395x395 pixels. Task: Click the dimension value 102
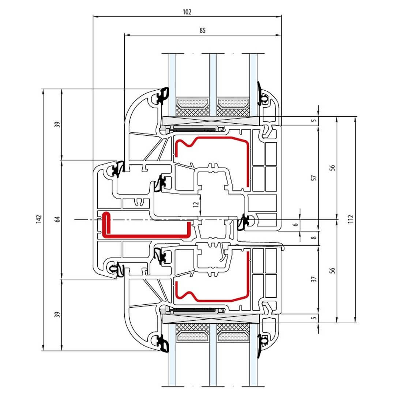click(187, 12)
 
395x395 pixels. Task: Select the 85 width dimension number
click(203, 31)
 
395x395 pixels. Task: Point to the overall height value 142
click(40, 219)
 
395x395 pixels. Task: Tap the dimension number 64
click(57, 219)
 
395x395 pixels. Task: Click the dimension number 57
click(313, 178)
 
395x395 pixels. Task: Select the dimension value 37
click(313, 279)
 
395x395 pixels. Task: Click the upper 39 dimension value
click(57, 124)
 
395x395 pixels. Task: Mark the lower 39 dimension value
click(57, 315)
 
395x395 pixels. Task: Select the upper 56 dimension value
click(332, 168)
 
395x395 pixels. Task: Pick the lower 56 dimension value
click(332, 271)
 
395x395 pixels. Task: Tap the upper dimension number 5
click(313, 120)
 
